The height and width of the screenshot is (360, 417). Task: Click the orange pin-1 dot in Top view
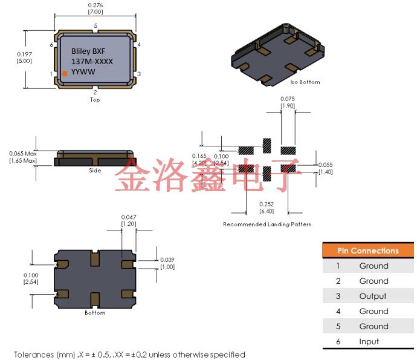[65, 74]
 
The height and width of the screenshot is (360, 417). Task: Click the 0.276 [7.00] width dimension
[95, 8]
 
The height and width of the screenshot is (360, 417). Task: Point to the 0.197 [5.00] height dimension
[24, 57]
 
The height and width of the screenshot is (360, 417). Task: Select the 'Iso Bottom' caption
[305, 82]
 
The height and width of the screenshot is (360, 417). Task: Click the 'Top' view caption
[95, 100]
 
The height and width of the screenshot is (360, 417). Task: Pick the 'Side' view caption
[94, 171]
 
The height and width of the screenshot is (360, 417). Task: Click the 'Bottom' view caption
[95, 313]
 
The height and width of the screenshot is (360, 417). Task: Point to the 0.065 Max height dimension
[23, 157]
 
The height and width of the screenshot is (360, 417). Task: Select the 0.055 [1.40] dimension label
[325, 168]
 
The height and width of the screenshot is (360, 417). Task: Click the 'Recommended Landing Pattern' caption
[267, 224]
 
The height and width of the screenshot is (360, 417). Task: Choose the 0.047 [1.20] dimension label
[129, 220]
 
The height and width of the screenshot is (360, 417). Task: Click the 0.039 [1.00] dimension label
[167, 263]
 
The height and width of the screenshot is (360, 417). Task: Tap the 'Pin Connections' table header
[367, 250]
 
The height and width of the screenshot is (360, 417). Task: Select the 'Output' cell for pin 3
[373, 296]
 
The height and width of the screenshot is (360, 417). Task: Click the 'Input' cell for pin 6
[369, 341]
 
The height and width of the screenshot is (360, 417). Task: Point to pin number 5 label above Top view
[95, 25]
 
